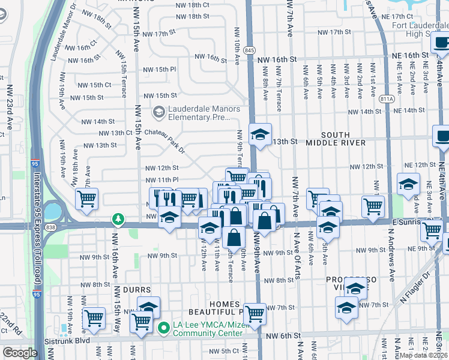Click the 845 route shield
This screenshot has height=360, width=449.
coord(250,50)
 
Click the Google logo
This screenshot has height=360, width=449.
coord(20,353)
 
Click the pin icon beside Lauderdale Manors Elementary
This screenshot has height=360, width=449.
coord(158,111)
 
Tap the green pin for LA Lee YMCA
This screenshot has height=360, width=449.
coord(163,328)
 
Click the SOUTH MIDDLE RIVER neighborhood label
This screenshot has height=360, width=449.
coord(343,138)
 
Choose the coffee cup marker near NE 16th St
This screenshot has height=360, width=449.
coord(442,43)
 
